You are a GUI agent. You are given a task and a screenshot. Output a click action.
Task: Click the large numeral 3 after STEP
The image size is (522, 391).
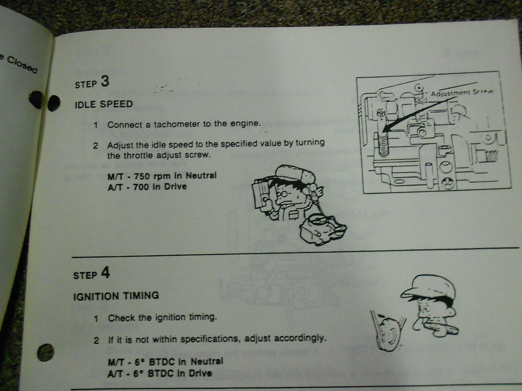click(x=104, y=81)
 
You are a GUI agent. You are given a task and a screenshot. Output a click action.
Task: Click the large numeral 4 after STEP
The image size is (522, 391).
click(x=105, y=273)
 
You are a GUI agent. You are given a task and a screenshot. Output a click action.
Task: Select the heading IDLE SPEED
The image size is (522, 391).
click(x=103, y=104)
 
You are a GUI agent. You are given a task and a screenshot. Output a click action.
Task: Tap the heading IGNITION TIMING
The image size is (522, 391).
click(x=116, y=296)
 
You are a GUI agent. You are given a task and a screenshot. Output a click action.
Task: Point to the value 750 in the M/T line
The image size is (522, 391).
click(x=142, y=176)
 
